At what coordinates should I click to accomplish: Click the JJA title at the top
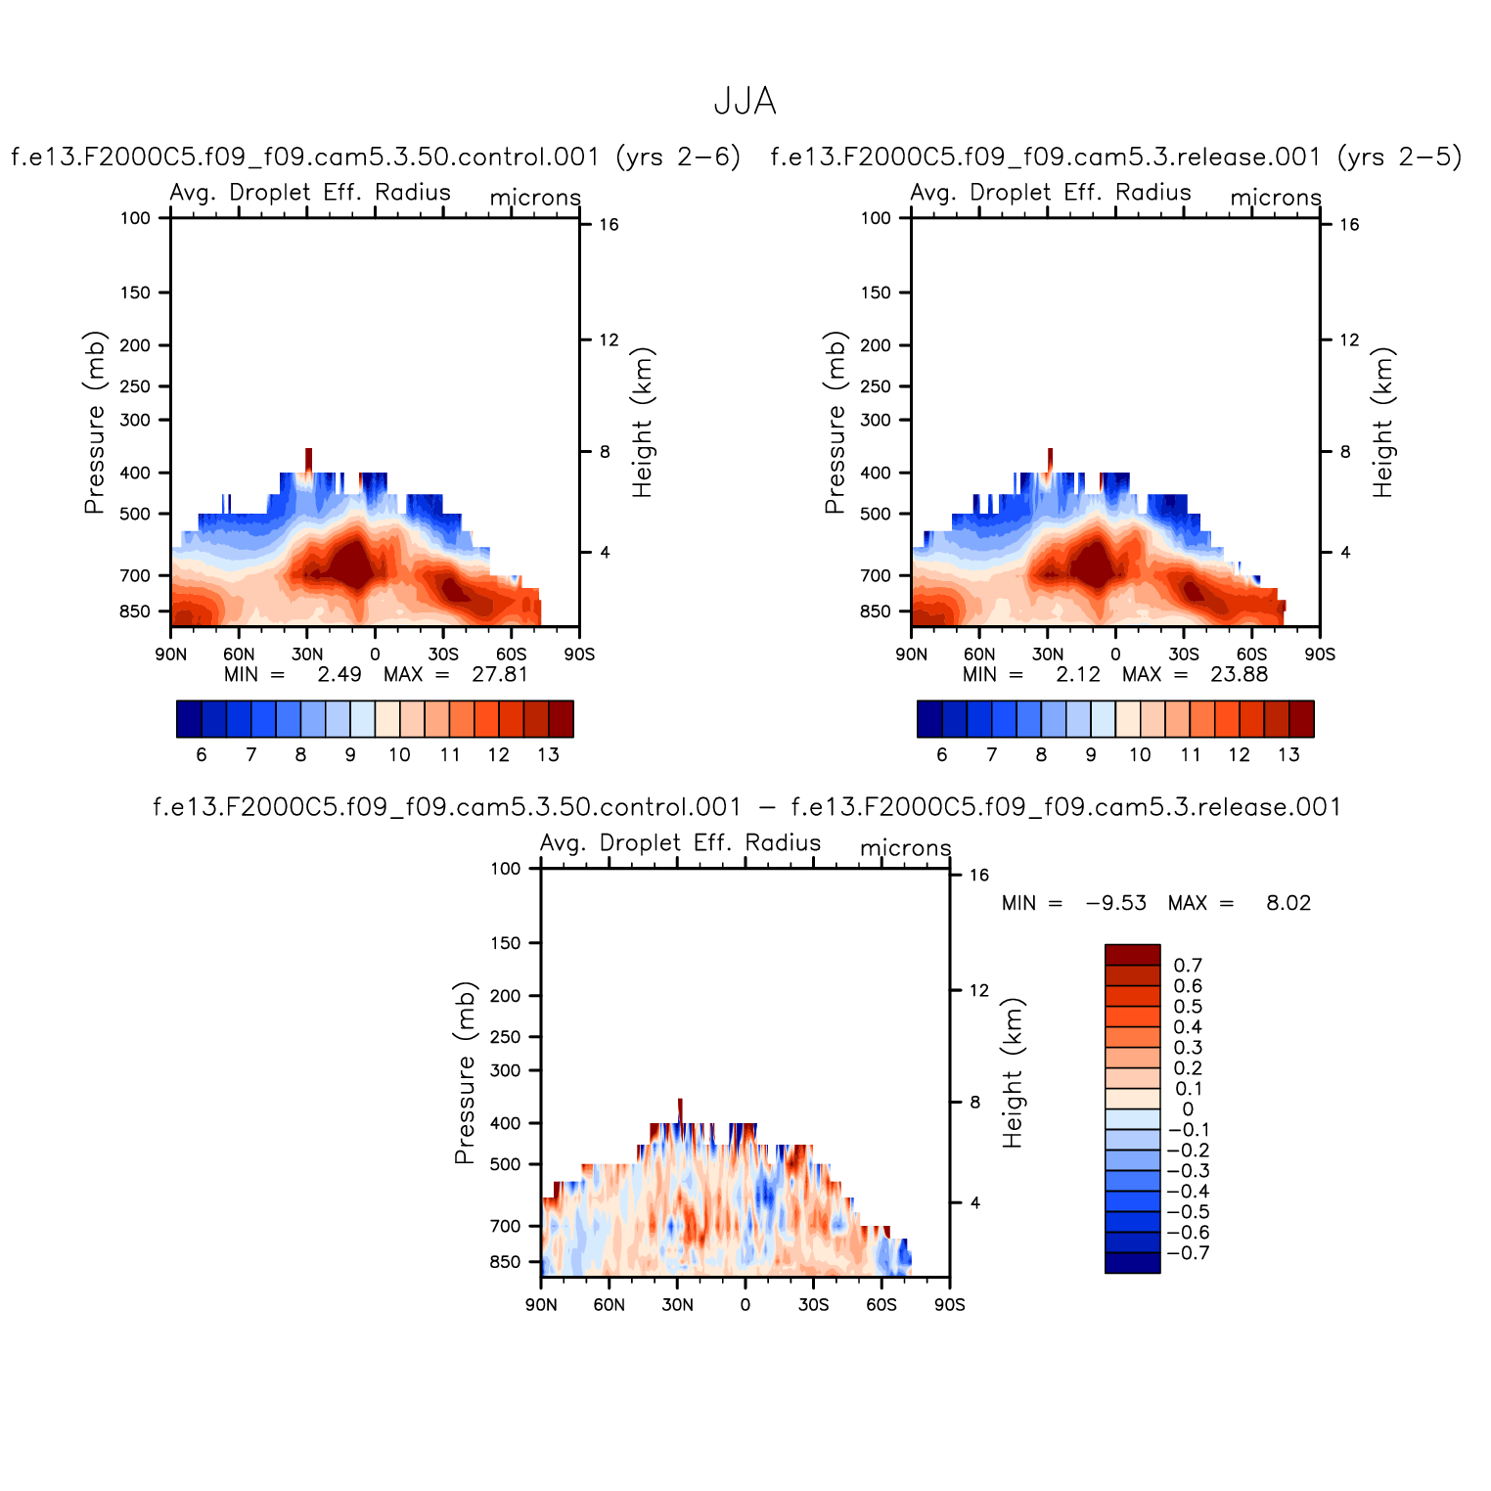745,101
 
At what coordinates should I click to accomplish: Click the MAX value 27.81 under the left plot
499,674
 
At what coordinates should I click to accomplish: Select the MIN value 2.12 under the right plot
1078,674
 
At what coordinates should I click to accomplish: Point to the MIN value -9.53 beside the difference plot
1116,903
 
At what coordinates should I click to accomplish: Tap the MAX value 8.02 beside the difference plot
1288,903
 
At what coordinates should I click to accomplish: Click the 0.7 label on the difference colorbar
1188,966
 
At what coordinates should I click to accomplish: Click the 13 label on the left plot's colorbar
548,754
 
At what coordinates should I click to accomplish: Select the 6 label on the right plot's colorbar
942,754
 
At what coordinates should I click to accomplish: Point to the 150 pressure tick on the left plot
135,293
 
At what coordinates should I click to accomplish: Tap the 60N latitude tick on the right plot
979,654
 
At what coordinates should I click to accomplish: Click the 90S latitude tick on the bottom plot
949,1304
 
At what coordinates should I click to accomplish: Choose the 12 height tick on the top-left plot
609,339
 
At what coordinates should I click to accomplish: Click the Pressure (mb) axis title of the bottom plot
465,1072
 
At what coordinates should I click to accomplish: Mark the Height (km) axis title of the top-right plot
1381,422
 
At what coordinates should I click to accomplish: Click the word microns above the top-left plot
535,198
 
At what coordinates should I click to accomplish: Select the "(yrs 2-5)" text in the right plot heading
1400,157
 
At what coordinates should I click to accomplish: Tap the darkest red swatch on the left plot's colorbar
561,718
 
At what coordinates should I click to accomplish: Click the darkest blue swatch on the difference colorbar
1132,1263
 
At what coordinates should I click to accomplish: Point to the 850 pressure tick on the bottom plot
506,1262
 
